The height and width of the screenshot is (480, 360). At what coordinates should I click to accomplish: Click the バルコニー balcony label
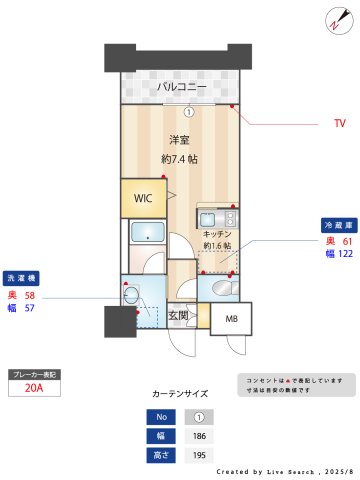[x=181, y=87]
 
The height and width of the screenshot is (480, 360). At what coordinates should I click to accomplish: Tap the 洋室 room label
[x=179, y=139]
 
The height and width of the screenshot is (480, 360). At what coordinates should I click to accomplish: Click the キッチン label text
[x=217, y=232]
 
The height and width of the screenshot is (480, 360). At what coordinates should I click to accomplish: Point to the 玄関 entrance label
[x=178, y=316]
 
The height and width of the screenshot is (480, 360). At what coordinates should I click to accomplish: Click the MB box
[x=231, y=319]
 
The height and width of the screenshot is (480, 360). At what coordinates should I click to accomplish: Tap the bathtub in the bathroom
[x=148, y=235]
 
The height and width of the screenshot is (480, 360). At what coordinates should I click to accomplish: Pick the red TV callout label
[x=339, y=124]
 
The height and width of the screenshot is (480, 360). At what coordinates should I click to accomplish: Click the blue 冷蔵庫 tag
[x=335, y=226]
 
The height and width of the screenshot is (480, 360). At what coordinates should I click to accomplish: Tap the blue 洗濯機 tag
[x=21, y=279]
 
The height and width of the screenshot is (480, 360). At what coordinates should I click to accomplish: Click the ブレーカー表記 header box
[x=34, y=375]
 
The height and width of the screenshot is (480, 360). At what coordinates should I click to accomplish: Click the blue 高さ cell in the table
[x=157, y=454]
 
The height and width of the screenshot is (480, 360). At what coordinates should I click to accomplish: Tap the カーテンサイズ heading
[x=180, y=394]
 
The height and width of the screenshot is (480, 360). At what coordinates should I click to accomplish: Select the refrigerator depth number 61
[x=347, y=242]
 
